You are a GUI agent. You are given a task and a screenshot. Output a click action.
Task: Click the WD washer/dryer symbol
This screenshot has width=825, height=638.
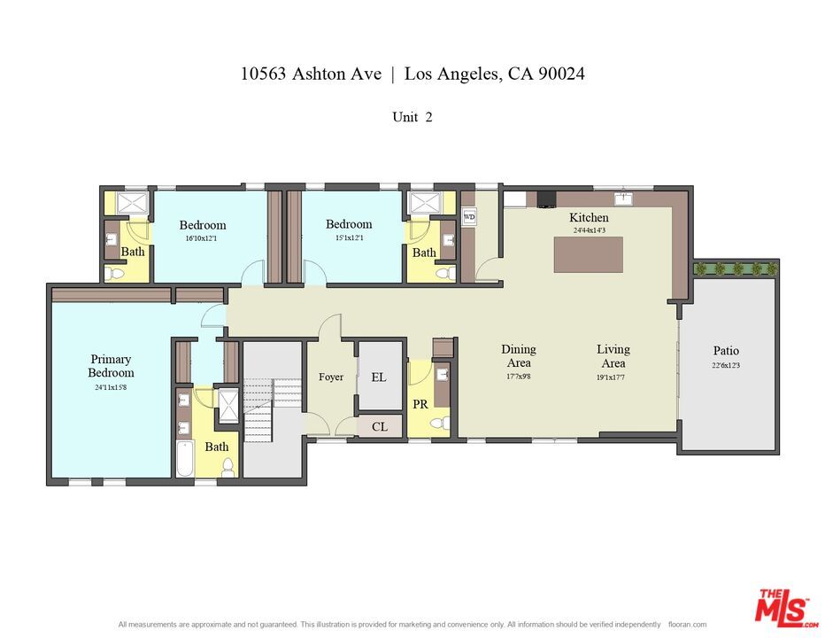point(469,216)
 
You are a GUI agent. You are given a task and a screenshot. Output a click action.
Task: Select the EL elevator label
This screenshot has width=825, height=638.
point(379,377)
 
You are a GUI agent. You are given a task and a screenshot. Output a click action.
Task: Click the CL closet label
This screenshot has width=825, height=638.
point(380,427)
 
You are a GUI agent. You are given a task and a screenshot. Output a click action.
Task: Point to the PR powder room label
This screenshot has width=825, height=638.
point(420,405)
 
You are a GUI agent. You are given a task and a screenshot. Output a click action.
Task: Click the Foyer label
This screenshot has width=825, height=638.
point(331,377)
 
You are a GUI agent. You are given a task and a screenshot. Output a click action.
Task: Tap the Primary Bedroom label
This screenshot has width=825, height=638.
point(111,366)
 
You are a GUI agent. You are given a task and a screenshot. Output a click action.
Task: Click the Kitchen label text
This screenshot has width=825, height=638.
point(589,218)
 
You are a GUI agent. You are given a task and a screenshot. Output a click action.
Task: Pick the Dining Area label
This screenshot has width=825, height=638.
point(519,356)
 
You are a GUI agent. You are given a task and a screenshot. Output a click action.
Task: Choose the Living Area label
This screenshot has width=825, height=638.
point(613,356)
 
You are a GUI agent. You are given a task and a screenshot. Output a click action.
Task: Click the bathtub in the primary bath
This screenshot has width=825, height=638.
point(185,457)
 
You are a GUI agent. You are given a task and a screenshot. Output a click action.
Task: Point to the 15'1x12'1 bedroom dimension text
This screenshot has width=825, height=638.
point(349,237)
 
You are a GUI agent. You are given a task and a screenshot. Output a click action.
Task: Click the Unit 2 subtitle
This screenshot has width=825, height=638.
point(412,117)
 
